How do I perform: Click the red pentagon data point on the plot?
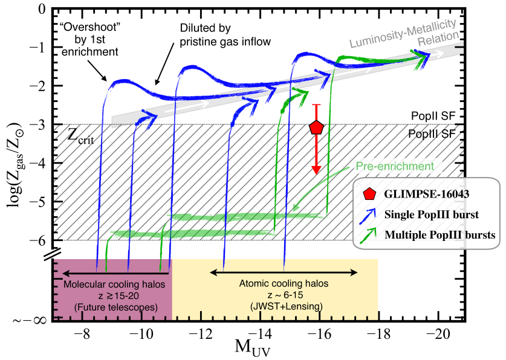point(316,127)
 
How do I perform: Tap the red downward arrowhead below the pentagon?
point(316,170)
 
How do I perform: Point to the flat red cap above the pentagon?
point(316,105)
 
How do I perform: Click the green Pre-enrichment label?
point(395,166)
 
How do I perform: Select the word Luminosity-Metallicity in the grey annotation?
point(403,33)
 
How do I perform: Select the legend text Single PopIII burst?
point(431,214)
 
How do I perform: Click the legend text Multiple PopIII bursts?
point(440,234)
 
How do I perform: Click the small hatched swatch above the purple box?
point(51,254)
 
